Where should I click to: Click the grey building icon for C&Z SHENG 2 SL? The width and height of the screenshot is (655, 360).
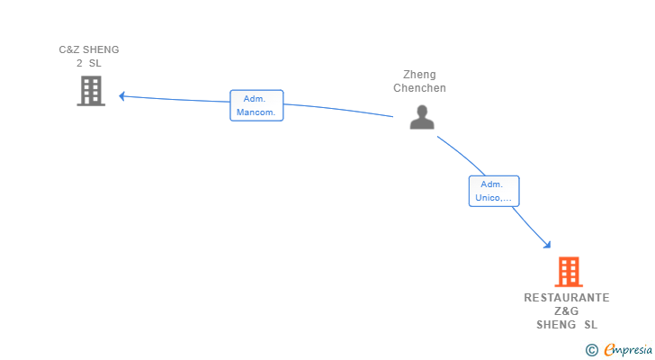[x=91, y=91]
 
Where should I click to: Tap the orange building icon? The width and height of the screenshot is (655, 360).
[x=569, y=272]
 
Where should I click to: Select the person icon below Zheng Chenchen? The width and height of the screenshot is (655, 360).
[x=422, y=117]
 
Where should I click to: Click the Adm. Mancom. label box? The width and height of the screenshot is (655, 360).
[x=256, y=105]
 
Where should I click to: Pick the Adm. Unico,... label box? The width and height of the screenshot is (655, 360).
[x=494, y=192]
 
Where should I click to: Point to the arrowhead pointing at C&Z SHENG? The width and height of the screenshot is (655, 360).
[x=122, y=96]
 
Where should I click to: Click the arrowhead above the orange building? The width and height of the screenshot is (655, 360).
[x=547, y=245]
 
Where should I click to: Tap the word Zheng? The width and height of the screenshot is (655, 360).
[x=419, y=75]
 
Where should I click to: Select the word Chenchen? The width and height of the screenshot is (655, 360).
[x=419, y=88]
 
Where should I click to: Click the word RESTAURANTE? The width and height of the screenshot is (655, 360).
[x=567, y=298]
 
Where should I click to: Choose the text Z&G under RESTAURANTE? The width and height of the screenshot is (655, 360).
[x=567, y=311]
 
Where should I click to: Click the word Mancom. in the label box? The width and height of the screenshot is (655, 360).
[x=256, y=112]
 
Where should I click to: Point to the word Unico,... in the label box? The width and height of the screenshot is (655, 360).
[x=493, y=198]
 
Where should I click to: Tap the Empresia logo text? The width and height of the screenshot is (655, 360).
[x=628, y=349]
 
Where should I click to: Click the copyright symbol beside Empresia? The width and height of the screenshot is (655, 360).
[x=592, y=350]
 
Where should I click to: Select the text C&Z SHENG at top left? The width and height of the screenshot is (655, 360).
[x=89, y=49]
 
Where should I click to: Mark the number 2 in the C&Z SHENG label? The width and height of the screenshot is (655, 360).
[x=79, y=63]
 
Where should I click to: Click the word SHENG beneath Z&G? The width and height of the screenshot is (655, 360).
[x=556, y=325]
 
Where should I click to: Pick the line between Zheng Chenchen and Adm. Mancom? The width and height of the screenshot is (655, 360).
[x=338, y=109]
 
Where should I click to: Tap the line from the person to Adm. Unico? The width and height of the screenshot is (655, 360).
[x=462, y=154]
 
